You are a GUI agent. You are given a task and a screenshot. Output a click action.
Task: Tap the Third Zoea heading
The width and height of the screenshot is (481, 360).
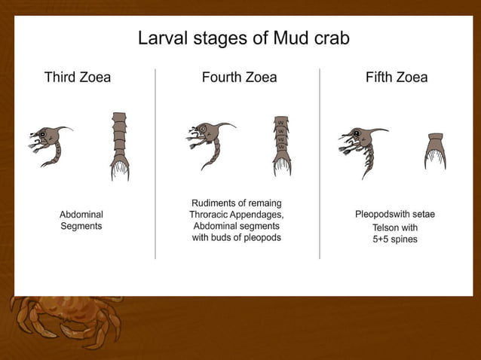coord(78,77)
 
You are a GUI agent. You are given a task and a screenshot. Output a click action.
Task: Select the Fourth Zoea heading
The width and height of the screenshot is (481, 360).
coord(239,77)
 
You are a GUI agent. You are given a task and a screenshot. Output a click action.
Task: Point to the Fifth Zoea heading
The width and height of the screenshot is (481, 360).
coord(397,77)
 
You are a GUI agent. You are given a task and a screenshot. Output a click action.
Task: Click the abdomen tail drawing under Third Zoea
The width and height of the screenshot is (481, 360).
coord(119,146)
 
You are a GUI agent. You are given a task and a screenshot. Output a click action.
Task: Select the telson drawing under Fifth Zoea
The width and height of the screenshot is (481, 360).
coord(435,151)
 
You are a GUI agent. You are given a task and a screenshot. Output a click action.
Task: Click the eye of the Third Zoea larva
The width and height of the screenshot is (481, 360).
coord(42,136)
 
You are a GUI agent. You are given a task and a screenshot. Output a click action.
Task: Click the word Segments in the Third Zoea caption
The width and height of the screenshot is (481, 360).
coord(81,226)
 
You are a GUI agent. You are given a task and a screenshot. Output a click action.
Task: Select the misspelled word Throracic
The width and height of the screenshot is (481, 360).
coord(213,215)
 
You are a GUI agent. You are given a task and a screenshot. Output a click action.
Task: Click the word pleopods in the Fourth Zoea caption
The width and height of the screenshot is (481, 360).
coord(262,238)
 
